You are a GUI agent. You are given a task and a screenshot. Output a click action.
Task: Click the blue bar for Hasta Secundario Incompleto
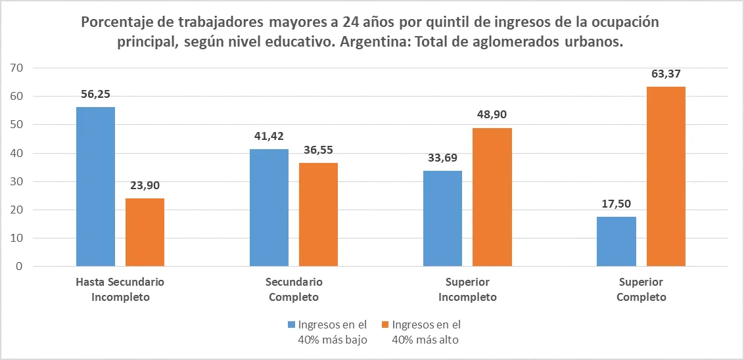coord(95,187)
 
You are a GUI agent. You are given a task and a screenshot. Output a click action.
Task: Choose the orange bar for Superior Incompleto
coord(492,197)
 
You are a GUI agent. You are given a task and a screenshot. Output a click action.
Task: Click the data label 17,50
coord(616,204)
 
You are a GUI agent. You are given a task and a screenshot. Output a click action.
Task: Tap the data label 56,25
coord(96,94)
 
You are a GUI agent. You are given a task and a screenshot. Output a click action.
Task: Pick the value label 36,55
coord(318,150)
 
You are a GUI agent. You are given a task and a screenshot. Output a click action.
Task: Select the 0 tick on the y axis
coord(19,267)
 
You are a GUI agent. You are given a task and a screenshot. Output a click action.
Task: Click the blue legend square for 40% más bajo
coord(291,325)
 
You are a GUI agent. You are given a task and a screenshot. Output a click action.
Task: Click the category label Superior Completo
coord(641,290)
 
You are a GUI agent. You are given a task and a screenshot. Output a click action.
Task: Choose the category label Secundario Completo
coord(294,290)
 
